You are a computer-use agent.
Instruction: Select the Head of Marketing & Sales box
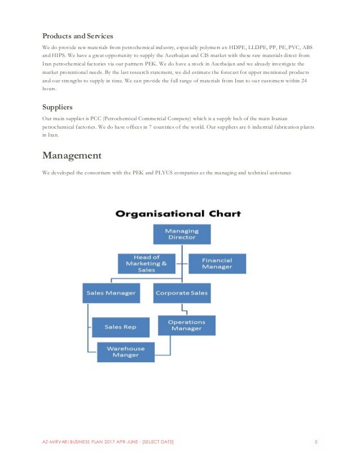pyautogui.click(x=146, y=263)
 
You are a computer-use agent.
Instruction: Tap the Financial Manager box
pyautogui.click(x=217, y=263)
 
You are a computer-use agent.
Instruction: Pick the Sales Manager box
pyautogui.click(x=111, y=293)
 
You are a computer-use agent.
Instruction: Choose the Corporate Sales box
pyautogui.click(x=181, y=293)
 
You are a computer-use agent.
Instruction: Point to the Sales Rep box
pyautogui.click(x=120, y=327)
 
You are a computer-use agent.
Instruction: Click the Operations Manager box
pyautogui.click(x=186, y=325)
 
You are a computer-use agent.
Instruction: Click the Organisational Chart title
pyautogui.click(x=178, y=214)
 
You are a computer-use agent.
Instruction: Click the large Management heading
pyautogui.click(x=72, y=155)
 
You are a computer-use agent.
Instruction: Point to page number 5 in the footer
pyautogui.click(x=315, y=441)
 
